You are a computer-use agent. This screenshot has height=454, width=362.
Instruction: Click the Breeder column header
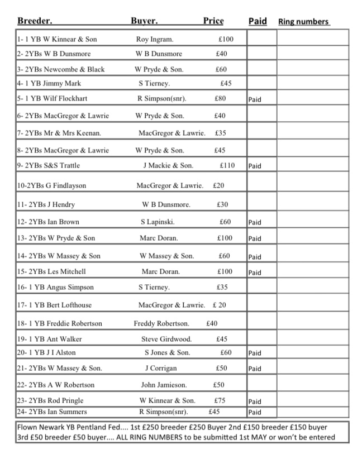click(x=35, y=21)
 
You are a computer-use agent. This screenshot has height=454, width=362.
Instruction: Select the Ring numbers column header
click(x=303, y=22)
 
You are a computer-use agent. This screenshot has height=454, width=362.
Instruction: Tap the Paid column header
click(x=258, y=21)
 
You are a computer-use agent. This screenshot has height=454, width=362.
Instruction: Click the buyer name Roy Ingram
click(x=155, y=40)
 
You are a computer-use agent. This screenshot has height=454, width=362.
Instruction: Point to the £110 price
click(x=227, y=166)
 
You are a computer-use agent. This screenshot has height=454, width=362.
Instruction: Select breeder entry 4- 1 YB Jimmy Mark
click(x=49, y=84)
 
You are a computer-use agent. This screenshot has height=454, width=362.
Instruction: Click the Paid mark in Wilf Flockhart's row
click(x=255, y=100)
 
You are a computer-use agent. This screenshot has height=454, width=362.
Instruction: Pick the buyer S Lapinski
click(x=158, y=222)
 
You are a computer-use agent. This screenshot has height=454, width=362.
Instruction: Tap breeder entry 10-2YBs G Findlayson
click(x=51, y=185)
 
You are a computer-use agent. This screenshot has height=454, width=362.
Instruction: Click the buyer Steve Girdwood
click(x=166, y=339)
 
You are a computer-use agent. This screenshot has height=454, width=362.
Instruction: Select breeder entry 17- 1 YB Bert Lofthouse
click(x=54, y=305)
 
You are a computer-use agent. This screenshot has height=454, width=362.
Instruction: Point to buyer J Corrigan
click(x=161, y=369)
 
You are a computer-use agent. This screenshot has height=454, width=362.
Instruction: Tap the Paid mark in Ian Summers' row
click(x=255, y=413)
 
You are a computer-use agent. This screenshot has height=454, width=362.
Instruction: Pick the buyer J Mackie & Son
click(x=168, y=166)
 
